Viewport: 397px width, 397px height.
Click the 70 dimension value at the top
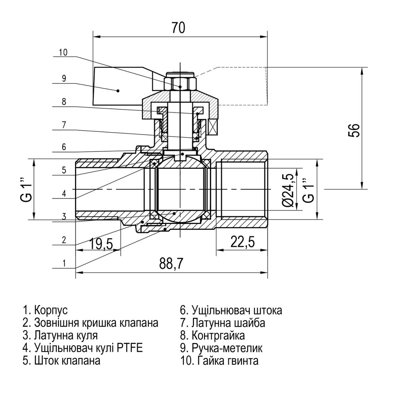pyautogui.click(x=179, y=28)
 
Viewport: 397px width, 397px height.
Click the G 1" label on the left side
pyautogui.click(x=26, y=189)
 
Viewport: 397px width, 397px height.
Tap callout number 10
pyautogui.click(x=64, y=52)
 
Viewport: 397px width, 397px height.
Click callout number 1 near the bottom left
pyautogui.click(x=64, y=262)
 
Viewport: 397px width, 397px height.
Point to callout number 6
pyautogui.click(x=64, y=147)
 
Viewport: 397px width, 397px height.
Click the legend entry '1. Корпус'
pyautogui.click(x=46, y=310)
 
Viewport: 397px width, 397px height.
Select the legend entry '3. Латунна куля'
pyautogui.click(x=60, y=335)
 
